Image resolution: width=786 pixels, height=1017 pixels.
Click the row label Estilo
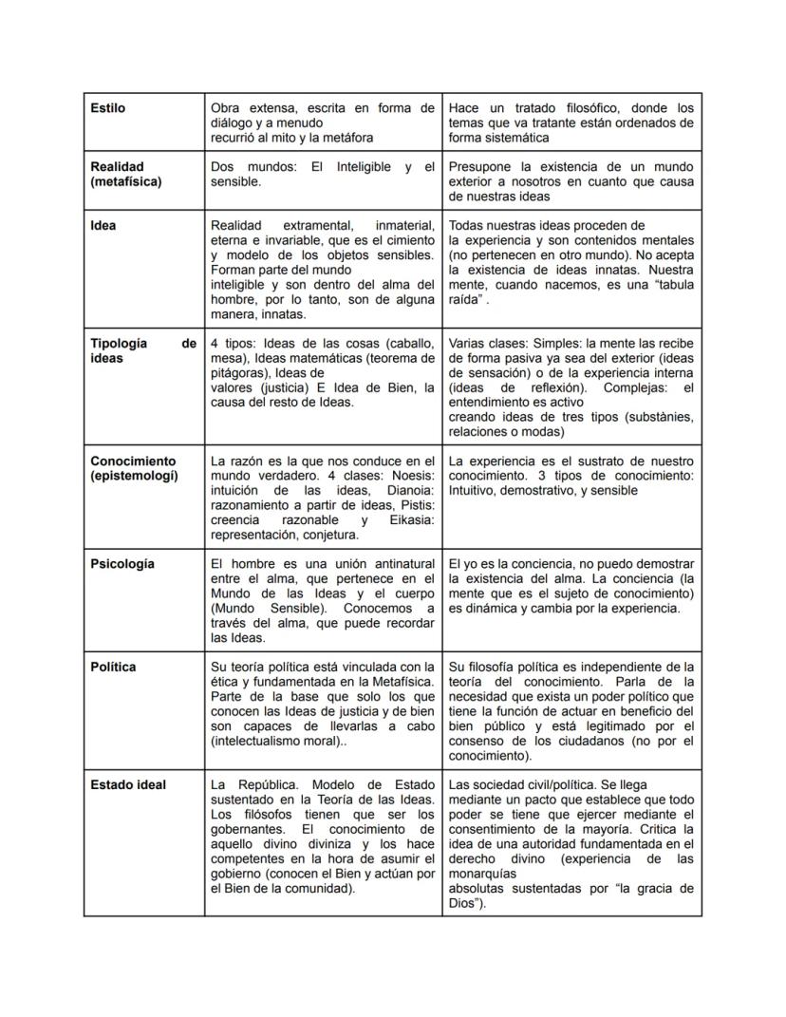pyautogui.click(x=107, y=108)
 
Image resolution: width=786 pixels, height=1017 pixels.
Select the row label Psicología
pyautogui.click(x=122, y=563)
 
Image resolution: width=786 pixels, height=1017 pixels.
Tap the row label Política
pyautogui.click(x=113, y=667)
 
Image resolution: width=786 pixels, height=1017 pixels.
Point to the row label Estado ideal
pyautogui.click(x=128, y=784)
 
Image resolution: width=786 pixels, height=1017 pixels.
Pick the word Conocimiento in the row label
pyautogui.click(x=133, y=461)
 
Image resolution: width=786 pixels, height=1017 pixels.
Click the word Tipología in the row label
pyautogui.click(x=119, y=343)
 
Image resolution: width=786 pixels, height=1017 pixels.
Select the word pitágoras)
pyautogui.click(x=240, y=373)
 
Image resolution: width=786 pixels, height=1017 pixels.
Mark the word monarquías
pyautogui.click(x=482, y=874)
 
